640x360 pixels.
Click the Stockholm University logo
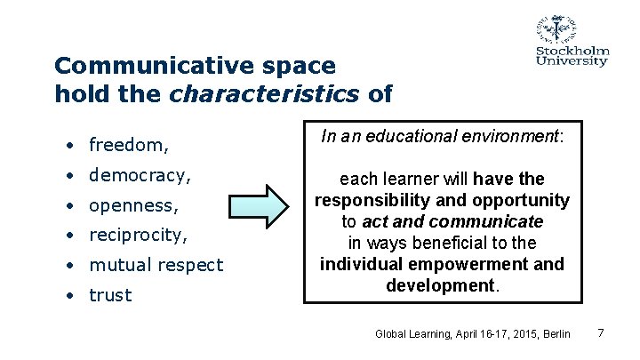pos(572,41)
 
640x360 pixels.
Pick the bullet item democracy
pos(140,174)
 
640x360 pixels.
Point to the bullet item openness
pos(134,204)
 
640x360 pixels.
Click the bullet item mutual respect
pos(156,265)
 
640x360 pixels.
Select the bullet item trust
pos(110,295)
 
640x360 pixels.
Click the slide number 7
pos(601,333)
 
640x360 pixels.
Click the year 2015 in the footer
pos(516,334)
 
